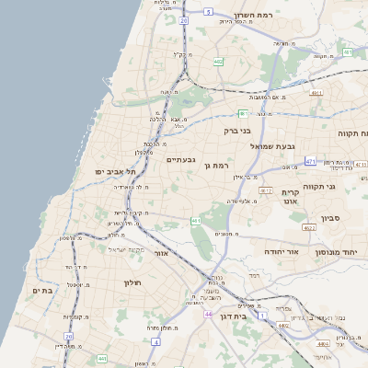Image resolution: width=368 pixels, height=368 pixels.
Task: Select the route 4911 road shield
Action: point(316,93)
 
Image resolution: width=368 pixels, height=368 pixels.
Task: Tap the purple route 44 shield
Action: point(209,315)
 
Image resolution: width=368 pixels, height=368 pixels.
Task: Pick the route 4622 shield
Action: point(309,227)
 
